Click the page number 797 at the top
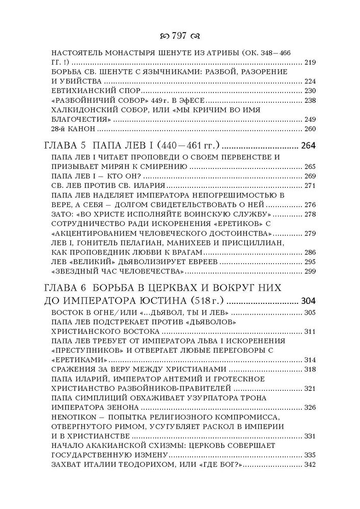pos(180,37)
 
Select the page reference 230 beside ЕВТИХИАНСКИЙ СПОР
pos(310,91)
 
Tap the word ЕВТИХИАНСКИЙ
pos(84,91)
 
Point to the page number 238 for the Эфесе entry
pos(310,100)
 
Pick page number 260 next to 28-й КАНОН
pos(310,129)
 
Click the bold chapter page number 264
pos(309,146)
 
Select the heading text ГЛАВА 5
pos(68,146)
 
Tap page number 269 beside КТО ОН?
pos(310,176)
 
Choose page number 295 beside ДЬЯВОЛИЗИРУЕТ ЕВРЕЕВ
pos(310,261)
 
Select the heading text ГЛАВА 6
pos(68,289)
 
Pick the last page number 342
pos(310,465)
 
